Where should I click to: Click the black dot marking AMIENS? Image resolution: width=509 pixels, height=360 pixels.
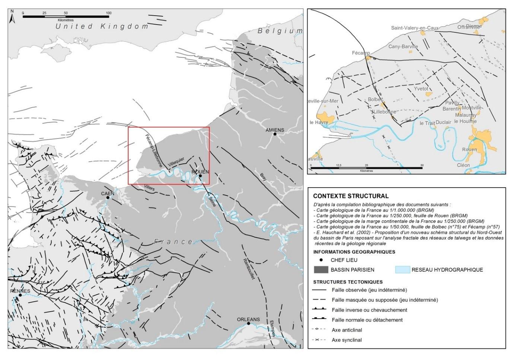[x=275, y=134]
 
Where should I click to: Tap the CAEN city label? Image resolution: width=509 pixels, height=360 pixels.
[x=108, y=194]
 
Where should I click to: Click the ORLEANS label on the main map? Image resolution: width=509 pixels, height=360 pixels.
[x=248, y=319]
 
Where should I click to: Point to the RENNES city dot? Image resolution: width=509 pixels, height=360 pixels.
[x=20, y=295]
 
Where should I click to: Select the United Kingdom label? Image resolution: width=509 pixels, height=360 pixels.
[x=102, y=26]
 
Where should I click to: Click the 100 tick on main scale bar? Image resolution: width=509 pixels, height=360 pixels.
[x=109, y=13]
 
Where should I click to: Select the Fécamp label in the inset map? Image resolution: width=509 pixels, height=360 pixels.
[x=361, y=53]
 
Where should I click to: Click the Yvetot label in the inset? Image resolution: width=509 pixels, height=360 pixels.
[x=421, y=89]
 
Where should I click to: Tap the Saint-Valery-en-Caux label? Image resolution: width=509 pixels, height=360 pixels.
[x=414, y=28]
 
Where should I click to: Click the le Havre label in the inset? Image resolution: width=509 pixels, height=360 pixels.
[x=319, y=122]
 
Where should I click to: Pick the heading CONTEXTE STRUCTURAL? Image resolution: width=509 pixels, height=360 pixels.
[x=351, y=196]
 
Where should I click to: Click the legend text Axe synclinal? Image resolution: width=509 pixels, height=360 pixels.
[x=347, y=340]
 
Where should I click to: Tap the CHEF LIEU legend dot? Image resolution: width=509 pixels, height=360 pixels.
[x=321, y=260]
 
